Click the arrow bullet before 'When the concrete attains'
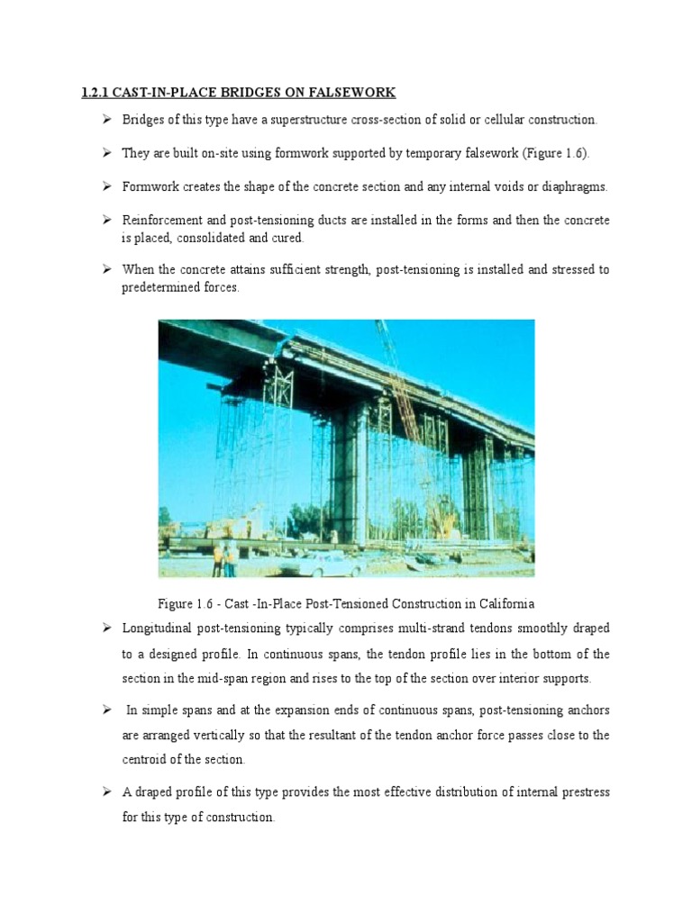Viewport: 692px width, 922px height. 105,270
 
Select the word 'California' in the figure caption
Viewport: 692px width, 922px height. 504,601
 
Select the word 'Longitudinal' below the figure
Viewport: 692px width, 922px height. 159,627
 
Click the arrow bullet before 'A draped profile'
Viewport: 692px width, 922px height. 105,792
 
